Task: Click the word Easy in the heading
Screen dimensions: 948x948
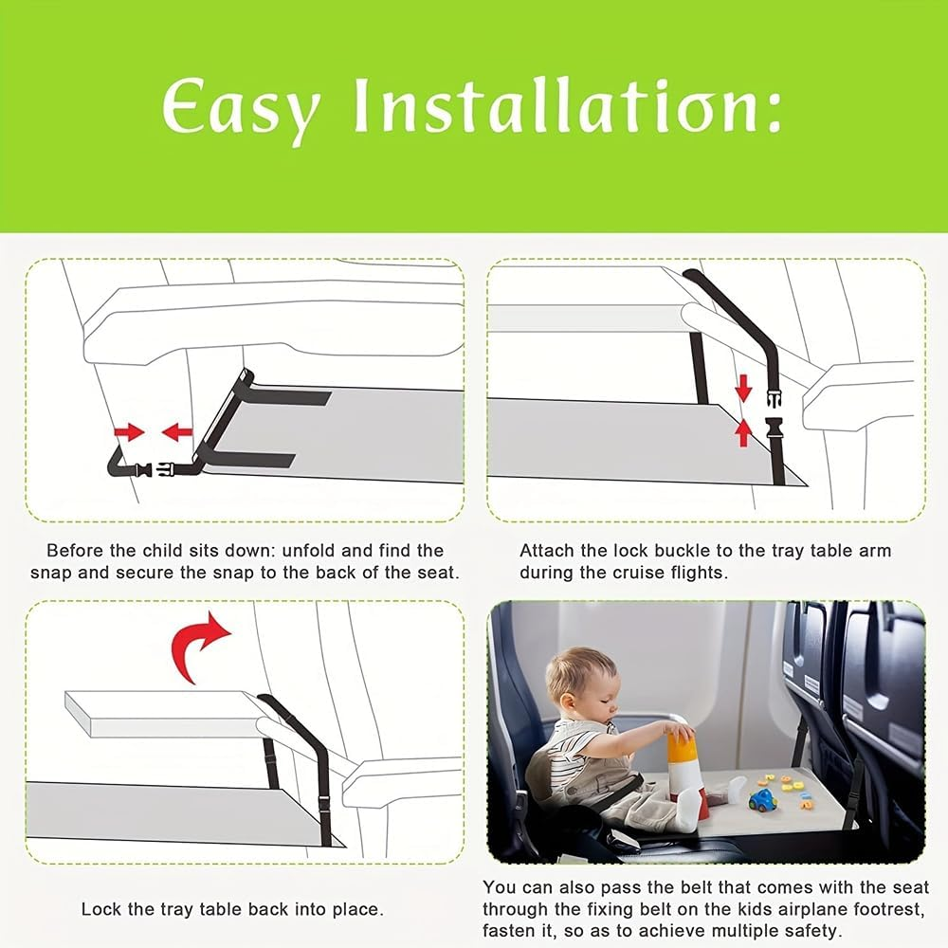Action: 241,109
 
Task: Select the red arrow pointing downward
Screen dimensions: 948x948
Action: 744,387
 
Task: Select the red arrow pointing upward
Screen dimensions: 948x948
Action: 744,432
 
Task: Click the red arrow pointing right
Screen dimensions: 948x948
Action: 129,432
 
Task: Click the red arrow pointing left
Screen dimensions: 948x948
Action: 177,432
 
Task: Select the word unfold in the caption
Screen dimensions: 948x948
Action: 316,550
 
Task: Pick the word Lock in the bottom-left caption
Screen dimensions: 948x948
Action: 100,909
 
